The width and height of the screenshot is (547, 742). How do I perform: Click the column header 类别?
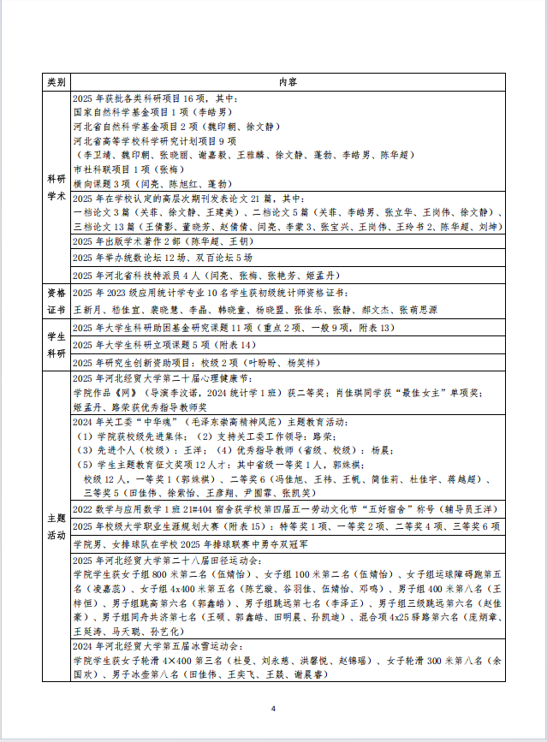coord(57,82)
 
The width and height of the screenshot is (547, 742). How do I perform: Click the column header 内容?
coord(288,82)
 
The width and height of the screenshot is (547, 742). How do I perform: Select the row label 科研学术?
coord(57,187)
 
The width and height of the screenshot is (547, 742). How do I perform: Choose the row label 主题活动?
coord(57,525)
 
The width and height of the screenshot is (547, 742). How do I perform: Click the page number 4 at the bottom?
coord(273,709)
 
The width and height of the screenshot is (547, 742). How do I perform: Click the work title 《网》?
coord(127,391)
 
